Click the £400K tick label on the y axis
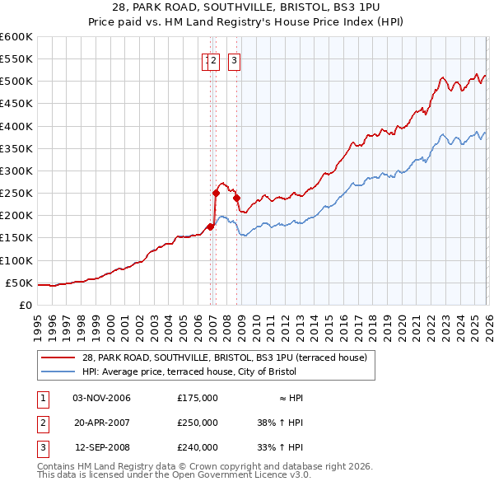click(x=16, y=126)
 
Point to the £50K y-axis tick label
click(x=19, y=283)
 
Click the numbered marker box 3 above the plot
click(x=234, y=59)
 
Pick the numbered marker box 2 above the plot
click(x=213, y=59)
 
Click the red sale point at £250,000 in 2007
click(x=216, y=194)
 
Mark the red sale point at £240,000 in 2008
click(x=236, y=198)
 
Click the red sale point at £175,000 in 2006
click(x=210, y=227)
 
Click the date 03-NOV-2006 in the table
click(x=102, y=398)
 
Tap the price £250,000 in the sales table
click(x=198, y=423)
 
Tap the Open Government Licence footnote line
click(x=174, y=475)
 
